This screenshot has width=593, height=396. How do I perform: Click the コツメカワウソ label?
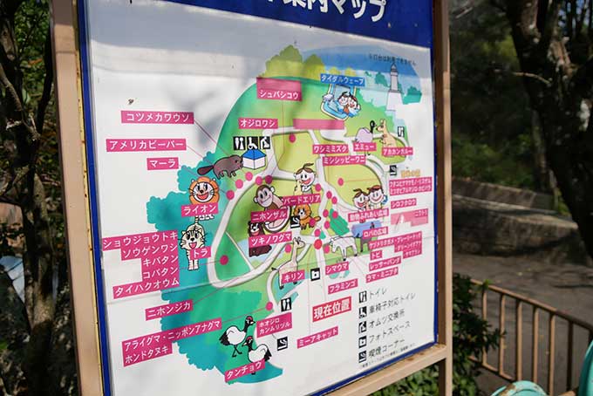click(x=157, y=117)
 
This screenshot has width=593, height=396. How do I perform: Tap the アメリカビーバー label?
click(x=146, y=145)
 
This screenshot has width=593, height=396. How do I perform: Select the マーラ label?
click(x=162, y=163)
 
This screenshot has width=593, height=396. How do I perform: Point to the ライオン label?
click(x=200, y=209)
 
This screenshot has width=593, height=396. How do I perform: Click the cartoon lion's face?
click(x=203, y=189)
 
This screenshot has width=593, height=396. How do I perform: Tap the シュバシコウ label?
click(x=279, y=94)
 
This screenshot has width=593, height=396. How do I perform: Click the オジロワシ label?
click(x=257, y=124)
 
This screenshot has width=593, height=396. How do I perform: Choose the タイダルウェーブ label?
click(x=342, y=79)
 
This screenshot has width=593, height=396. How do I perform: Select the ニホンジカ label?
click(x=168, y=309)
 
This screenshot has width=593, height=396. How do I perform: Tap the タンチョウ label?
click(x=244, y=369)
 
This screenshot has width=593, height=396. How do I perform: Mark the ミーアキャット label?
click(x=317, y=337)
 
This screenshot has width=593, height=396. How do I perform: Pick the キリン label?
click(x=292, y=276)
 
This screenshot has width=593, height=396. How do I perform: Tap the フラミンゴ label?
click(x=343, y=285)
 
